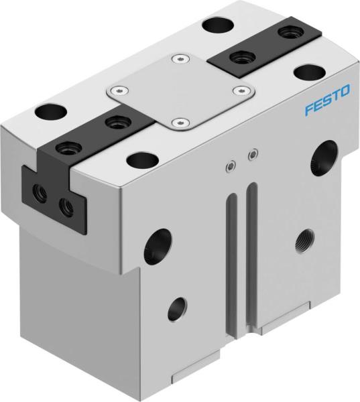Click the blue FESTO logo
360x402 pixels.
point(326,105)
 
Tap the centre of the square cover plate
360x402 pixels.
point(179,90)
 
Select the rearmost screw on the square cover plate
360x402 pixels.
point(178,60)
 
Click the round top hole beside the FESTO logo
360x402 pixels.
point(309,72)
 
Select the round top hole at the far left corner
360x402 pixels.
point(49,109)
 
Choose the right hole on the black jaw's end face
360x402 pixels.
point(66,206)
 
